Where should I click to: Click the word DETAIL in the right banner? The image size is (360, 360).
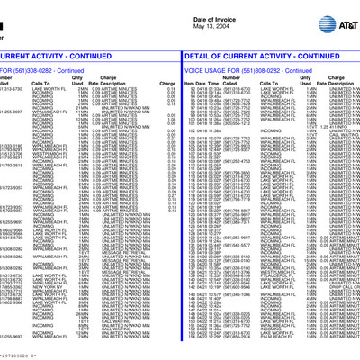tap(197, 56)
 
